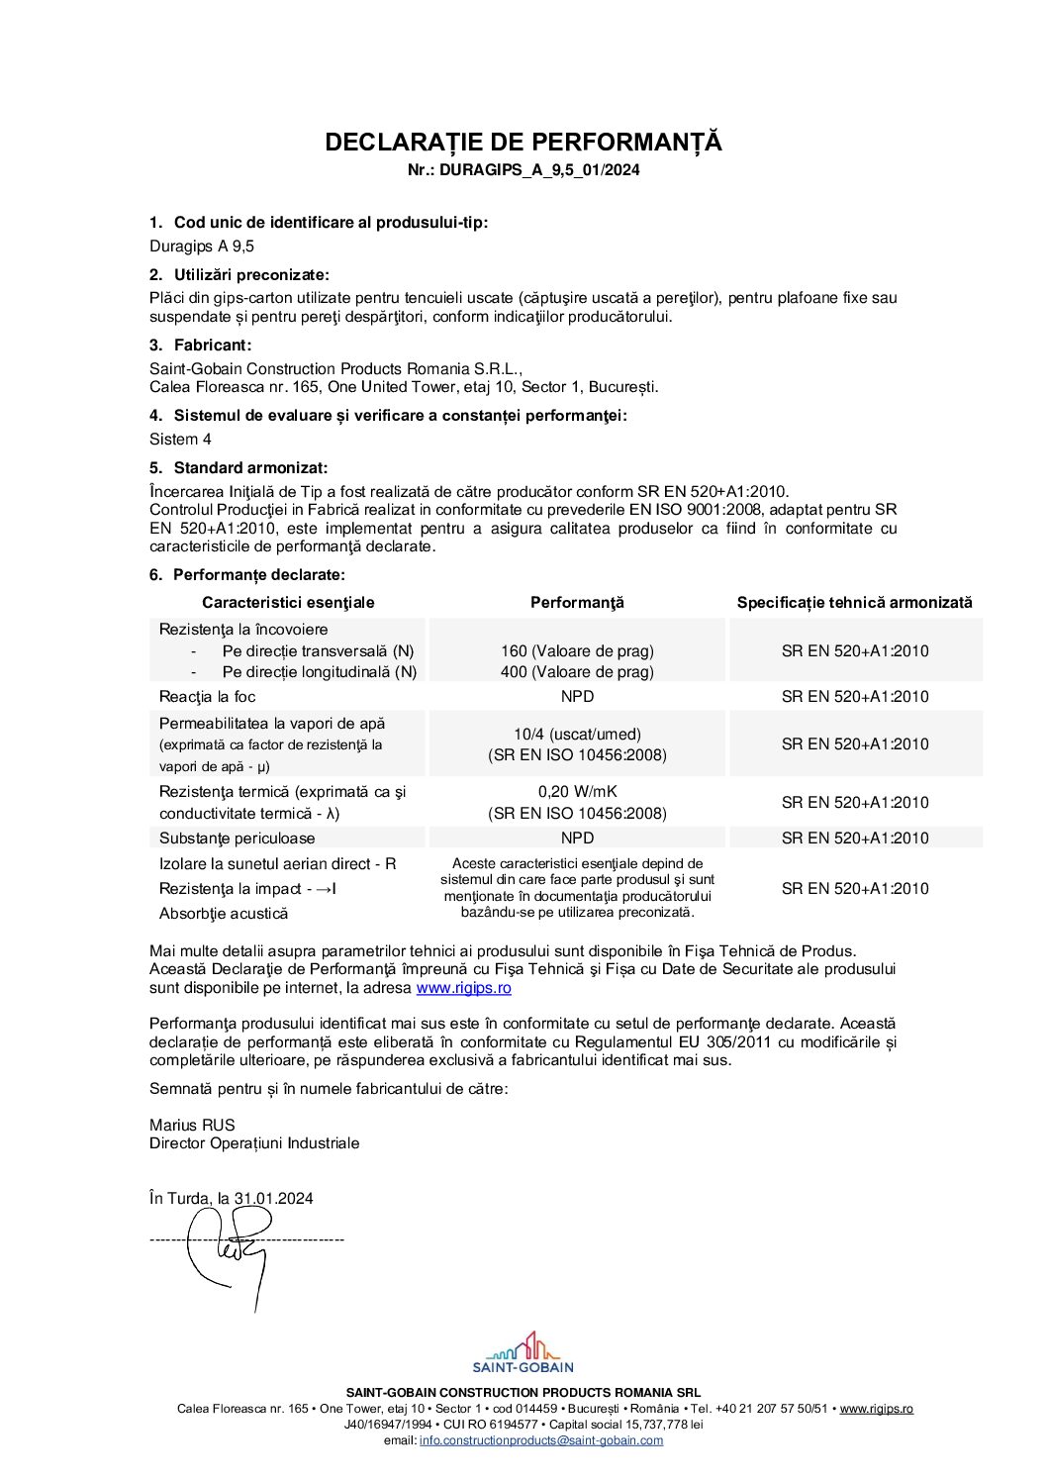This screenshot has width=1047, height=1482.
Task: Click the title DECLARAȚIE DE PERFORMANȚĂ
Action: [x=523, y=143]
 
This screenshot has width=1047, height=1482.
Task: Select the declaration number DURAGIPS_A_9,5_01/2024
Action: [x=539, y=170]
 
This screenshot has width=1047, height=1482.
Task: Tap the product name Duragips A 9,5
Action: [x=202, y=247]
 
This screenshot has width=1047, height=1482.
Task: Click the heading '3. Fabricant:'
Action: [x=201, y=346]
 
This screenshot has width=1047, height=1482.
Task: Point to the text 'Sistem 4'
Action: [x=180, y=440]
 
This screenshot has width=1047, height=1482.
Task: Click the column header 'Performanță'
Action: [x=577, y=603]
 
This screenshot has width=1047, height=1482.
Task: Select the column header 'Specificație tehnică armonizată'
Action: [x=854, y=603]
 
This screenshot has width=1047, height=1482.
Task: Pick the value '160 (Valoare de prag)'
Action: [x=577, y=651]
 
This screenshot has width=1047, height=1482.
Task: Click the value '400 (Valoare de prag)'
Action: [x=577, y=672]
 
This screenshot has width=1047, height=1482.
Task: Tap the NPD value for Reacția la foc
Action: [x=577, y=697]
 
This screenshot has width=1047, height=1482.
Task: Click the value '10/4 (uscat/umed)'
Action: [x=577, y=735]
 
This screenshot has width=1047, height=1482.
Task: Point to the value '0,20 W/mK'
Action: [x=577, y=792]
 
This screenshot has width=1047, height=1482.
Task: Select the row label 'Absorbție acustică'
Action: [x=224, y=914]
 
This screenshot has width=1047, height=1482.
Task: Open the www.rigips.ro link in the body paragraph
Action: [x=463, y=988]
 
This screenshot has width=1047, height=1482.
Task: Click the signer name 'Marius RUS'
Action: [x=192, y=1126]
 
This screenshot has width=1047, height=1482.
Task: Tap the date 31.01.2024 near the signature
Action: [x=273, y=1199]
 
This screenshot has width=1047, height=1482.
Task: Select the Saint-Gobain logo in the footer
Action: [x=523, y=1352]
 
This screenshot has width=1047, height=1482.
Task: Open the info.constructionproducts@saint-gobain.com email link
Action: [x=540, y=1440]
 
